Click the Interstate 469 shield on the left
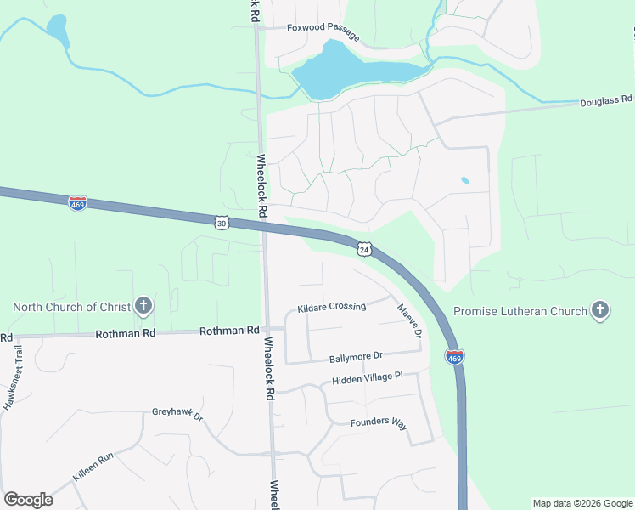coord(77,204)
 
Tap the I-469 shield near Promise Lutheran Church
coord(455,358)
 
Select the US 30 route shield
coord(222,222)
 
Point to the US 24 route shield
coord(364,249)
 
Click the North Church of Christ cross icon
coord(143,306)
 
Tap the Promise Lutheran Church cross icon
coord(600,310)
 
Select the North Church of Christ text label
coord(71,307)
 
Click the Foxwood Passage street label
coord(323,31)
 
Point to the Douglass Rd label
coord(607,101)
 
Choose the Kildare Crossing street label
coord(331,307)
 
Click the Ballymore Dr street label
coord(357,355)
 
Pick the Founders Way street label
coord(379,422)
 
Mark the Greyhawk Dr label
coord(177,415)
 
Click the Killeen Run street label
coord(93,468)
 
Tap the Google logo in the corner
coord(28,500)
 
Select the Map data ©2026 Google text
coord(582,503)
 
